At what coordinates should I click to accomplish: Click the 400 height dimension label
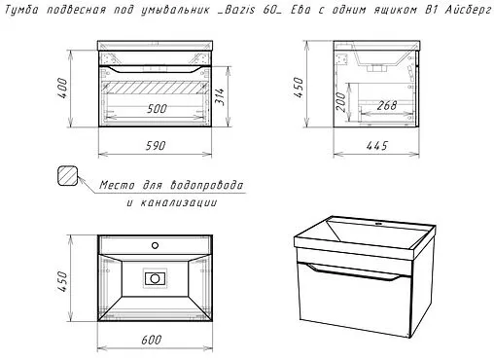tap(62, 89)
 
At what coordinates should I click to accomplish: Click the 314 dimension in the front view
tap(220, 96)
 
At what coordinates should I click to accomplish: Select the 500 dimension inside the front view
tap(157, 109)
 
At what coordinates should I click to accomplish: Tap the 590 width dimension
tap(156, 146)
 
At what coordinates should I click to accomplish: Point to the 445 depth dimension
tap(377, 146)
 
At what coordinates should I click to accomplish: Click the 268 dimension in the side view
tap(387, 105)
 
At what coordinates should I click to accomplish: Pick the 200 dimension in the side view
tap(340, 101)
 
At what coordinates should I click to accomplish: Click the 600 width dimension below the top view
tap(152, 340)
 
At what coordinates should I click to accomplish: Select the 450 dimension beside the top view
tap(62, 281)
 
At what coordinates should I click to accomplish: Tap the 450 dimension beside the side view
tap(299, 88)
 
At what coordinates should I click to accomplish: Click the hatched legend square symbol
tap(68, 176)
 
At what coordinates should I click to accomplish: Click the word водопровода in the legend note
tap(206, 185)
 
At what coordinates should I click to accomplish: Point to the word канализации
tap(179, 202)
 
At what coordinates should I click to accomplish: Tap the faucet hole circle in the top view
tap(155, 245)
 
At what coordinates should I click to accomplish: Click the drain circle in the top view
tap(155, 278)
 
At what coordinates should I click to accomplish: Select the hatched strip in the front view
tap(155, 88)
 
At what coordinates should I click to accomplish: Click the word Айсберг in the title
tap(468, 10)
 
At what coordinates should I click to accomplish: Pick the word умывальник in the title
tap(175, 10)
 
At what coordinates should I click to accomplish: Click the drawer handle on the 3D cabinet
tap(354, 272)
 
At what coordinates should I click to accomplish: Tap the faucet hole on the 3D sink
tap(377, 224)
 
